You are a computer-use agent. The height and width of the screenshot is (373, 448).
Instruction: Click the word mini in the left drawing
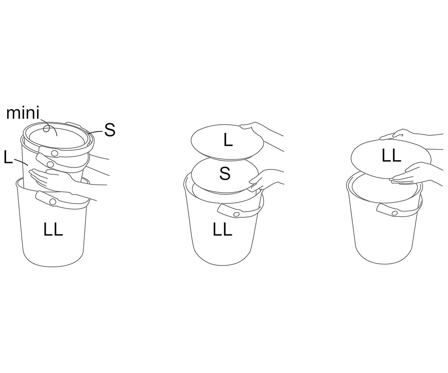[x=23, y=113]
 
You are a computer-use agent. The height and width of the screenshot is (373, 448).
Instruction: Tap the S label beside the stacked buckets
[x=110, y=130]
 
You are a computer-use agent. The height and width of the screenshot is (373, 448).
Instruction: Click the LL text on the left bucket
[x=53, y=229]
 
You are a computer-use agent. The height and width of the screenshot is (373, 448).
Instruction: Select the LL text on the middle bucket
[x=222, y=229]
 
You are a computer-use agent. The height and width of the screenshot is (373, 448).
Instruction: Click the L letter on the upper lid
[x=228, y=140]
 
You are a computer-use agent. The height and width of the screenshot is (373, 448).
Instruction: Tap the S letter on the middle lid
[x=225, y=173]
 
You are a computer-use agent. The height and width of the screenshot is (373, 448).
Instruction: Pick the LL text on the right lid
[x=391, y=155]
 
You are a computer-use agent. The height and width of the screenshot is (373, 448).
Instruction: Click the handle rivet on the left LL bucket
[x=52, y=201]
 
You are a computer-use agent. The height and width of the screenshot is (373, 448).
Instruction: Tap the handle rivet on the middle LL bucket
[x=236, y=214]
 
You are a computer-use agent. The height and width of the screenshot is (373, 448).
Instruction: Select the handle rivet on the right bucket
[x=394, y=213]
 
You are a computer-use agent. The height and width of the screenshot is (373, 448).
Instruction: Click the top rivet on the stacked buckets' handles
[x=55, y=153]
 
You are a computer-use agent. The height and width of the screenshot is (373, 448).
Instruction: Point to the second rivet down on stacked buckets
[x=50, y=164]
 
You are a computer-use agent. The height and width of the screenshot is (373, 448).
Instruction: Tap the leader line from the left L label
[x=21, y=162]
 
